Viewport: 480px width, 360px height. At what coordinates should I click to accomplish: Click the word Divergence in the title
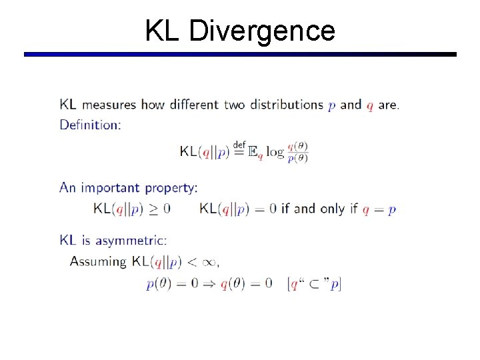(x=262, y=31)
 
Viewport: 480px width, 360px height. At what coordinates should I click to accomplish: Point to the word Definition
(x=90, y=124)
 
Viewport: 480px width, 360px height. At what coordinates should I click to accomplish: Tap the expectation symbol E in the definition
(x=252, y=152)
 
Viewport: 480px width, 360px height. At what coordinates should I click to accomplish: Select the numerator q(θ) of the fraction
(x=297, y=147)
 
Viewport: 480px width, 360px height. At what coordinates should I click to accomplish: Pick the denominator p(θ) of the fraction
(x=297, y=158)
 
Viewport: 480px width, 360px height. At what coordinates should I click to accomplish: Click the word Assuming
(x=98, y=261)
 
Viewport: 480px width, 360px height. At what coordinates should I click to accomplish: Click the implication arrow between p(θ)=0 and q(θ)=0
(x=209, y=283)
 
